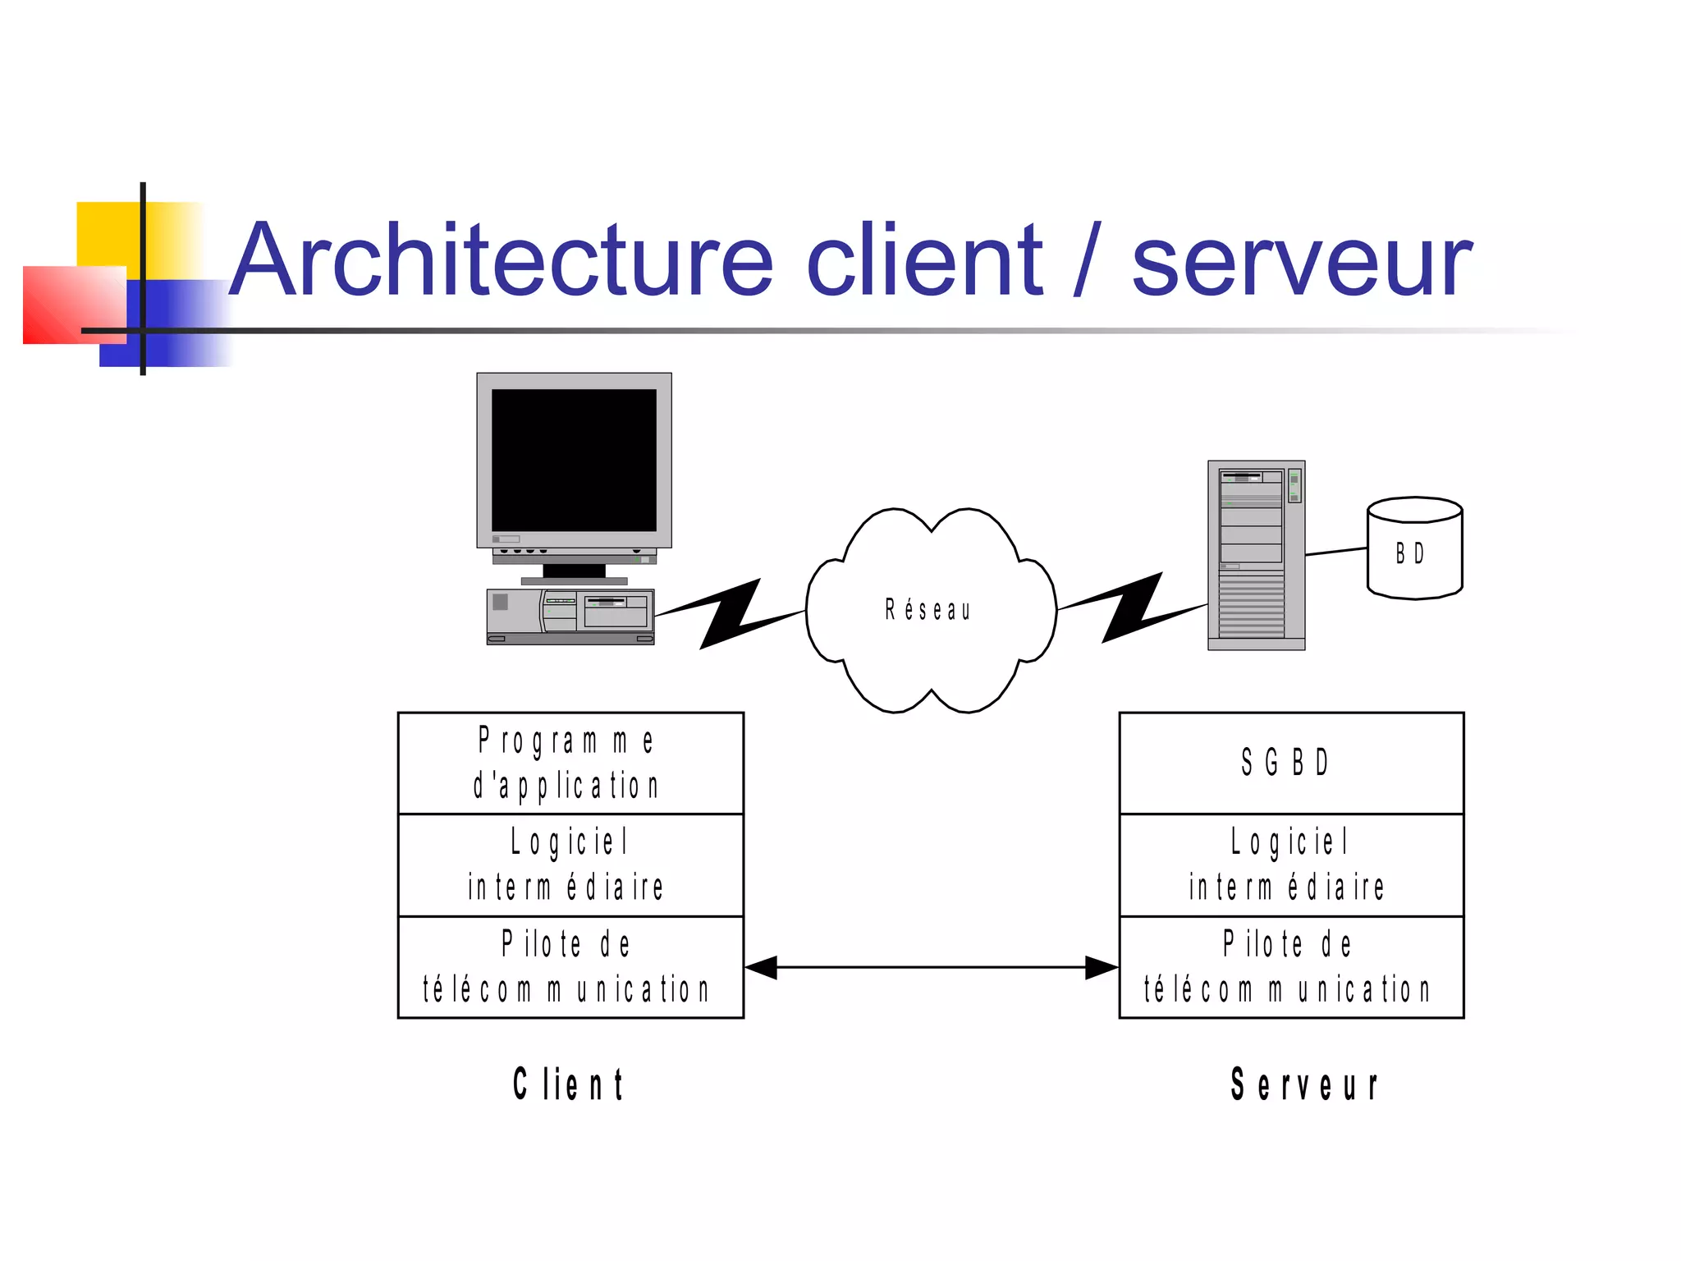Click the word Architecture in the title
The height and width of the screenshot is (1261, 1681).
point(501,261)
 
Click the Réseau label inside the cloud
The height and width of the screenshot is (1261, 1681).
point(928,610)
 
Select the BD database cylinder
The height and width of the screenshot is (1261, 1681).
point(1414,548)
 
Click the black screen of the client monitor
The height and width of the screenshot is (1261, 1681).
point(574,460)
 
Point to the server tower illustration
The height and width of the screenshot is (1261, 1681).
point(1256,555)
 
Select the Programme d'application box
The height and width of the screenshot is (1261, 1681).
point(570,763)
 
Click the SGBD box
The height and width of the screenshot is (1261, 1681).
point(1291,763)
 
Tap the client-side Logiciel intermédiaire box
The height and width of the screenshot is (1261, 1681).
point(570,865)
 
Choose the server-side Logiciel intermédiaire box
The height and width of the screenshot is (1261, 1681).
point(1291,865)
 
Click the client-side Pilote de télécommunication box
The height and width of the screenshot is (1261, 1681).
point(570,967)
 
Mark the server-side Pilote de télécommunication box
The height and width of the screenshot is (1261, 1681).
point(1291,967)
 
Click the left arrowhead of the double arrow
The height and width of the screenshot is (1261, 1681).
point(761,968)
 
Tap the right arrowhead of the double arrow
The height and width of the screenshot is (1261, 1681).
point(1102,968)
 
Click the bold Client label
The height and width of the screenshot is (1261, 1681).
point(569,1084)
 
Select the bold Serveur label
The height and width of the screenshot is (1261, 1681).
point(1304,1084)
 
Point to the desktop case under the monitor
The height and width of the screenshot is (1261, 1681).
point(570,616)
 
